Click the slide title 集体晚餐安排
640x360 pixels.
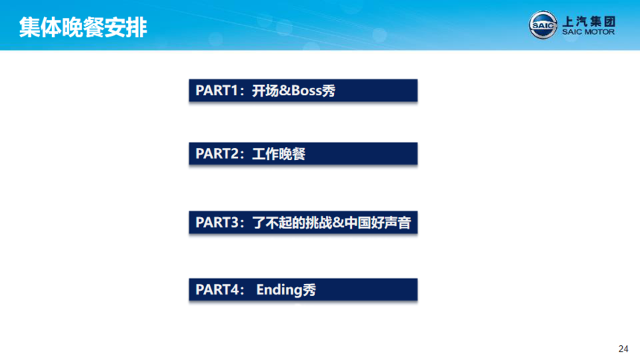coord(83,28)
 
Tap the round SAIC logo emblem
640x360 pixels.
coord(543,25)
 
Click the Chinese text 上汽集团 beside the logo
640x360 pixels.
coord(589,22)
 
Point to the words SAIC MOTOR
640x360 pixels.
coord(588,32)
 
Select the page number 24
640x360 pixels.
coord(624,349)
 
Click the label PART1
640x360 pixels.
coord(216,91)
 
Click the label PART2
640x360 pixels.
coord(216,154)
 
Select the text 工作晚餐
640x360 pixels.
coord(279,154)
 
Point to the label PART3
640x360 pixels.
coord(216,222)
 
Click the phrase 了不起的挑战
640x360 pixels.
coord(292,222)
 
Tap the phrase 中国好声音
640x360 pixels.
coord(378,222)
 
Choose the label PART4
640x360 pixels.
coord(216,290)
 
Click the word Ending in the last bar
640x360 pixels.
coord(280,290)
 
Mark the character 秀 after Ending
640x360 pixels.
coord(310,290)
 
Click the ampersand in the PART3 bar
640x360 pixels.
coord(339,222)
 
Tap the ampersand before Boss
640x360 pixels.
coord(285,91)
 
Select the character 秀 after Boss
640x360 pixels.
coord(329,91)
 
